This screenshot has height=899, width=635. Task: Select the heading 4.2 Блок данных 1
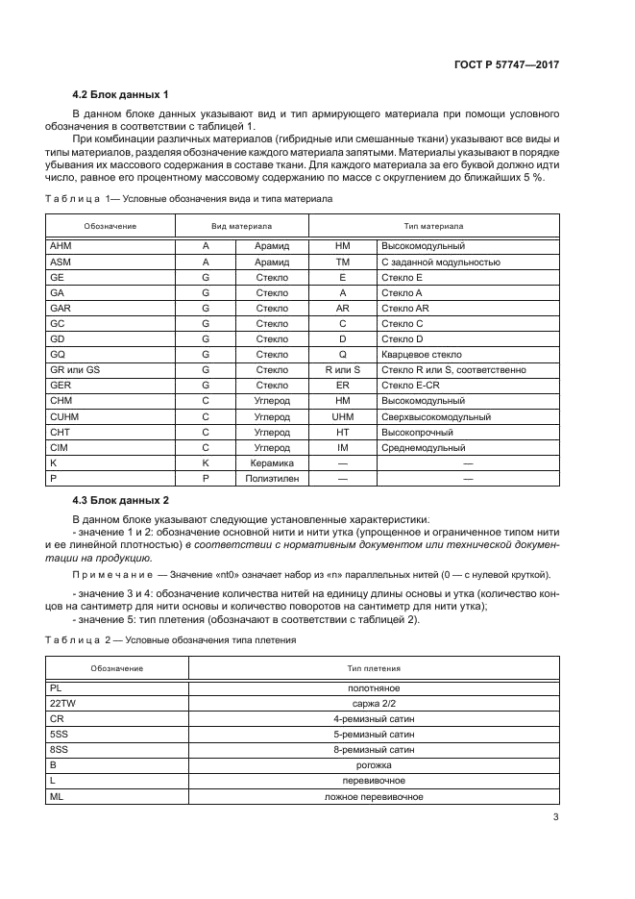pyautogui.click(x=121, y=94)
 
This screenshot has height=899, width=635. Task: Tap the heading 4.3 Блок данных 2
pyautogui.click(x=121, y=501)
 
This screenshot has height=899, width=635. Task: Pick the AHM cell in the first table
pyautogui.click(x=60, y=246)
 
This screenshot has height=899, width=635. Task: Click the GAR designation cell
pyautogui.click(x=61, y=308)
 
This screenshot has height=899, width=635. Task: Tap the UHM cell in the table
pyautogui.click(x=343, y=416)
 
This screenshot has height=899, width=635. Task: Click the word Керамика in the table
pyautogui.click(x=272, y=462)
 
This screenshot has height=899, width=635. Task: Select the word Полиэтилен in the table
pyautogui.click(x=272, y=478)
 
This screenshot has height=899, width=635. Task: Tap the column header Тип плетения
pyautogui.click(x=374, y=667)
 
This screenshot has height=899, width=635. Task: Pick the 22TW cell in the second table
pyautogui.click(x=61, y=704)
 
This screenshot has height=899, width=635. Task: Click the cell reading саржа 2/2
pyautogui.click(x=374, y=704)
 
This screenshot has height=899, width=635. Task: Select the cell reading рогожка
pyautogui.click(x=374, y=765)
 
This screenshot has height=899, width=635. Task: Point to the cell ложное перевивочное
pyautogui.click(x=374, y=796)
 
